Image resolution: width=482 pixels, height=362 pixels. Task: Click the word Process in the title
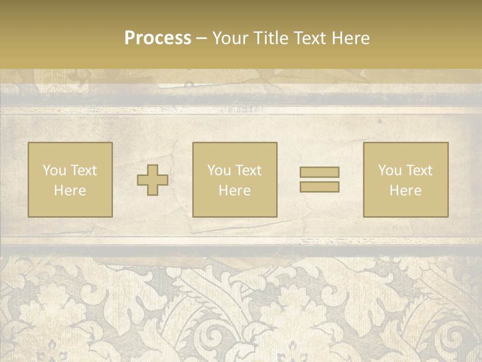tap(158, 38)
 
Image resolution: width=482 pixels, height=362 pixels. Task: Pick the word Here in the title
tap(352, 38)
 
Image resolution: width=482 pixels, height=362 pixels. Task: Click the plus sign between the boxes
tap(153, 180)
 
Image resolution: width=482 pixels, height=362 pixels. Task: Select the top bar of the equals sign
tap(319, 172)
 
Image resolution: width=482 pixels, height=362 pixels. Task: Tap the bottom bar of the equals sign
tap(319, 187)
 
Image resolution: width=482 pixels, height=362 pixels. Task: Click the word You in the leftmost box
tap(54, 170)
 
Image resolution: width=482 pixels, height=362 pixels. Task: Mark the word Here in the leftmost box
tap(70, 191)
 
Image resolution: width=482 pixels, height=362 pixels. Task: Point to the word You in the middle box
tap(218, 170)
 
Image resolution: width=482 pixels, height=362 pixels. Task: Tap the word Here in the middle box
tap(234, 191)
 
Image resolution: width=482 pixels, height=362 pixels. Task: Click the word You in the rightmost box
tap(389, 170)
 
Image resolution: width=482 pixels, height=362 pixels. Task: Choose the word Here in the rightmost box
tap(405, 191)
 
